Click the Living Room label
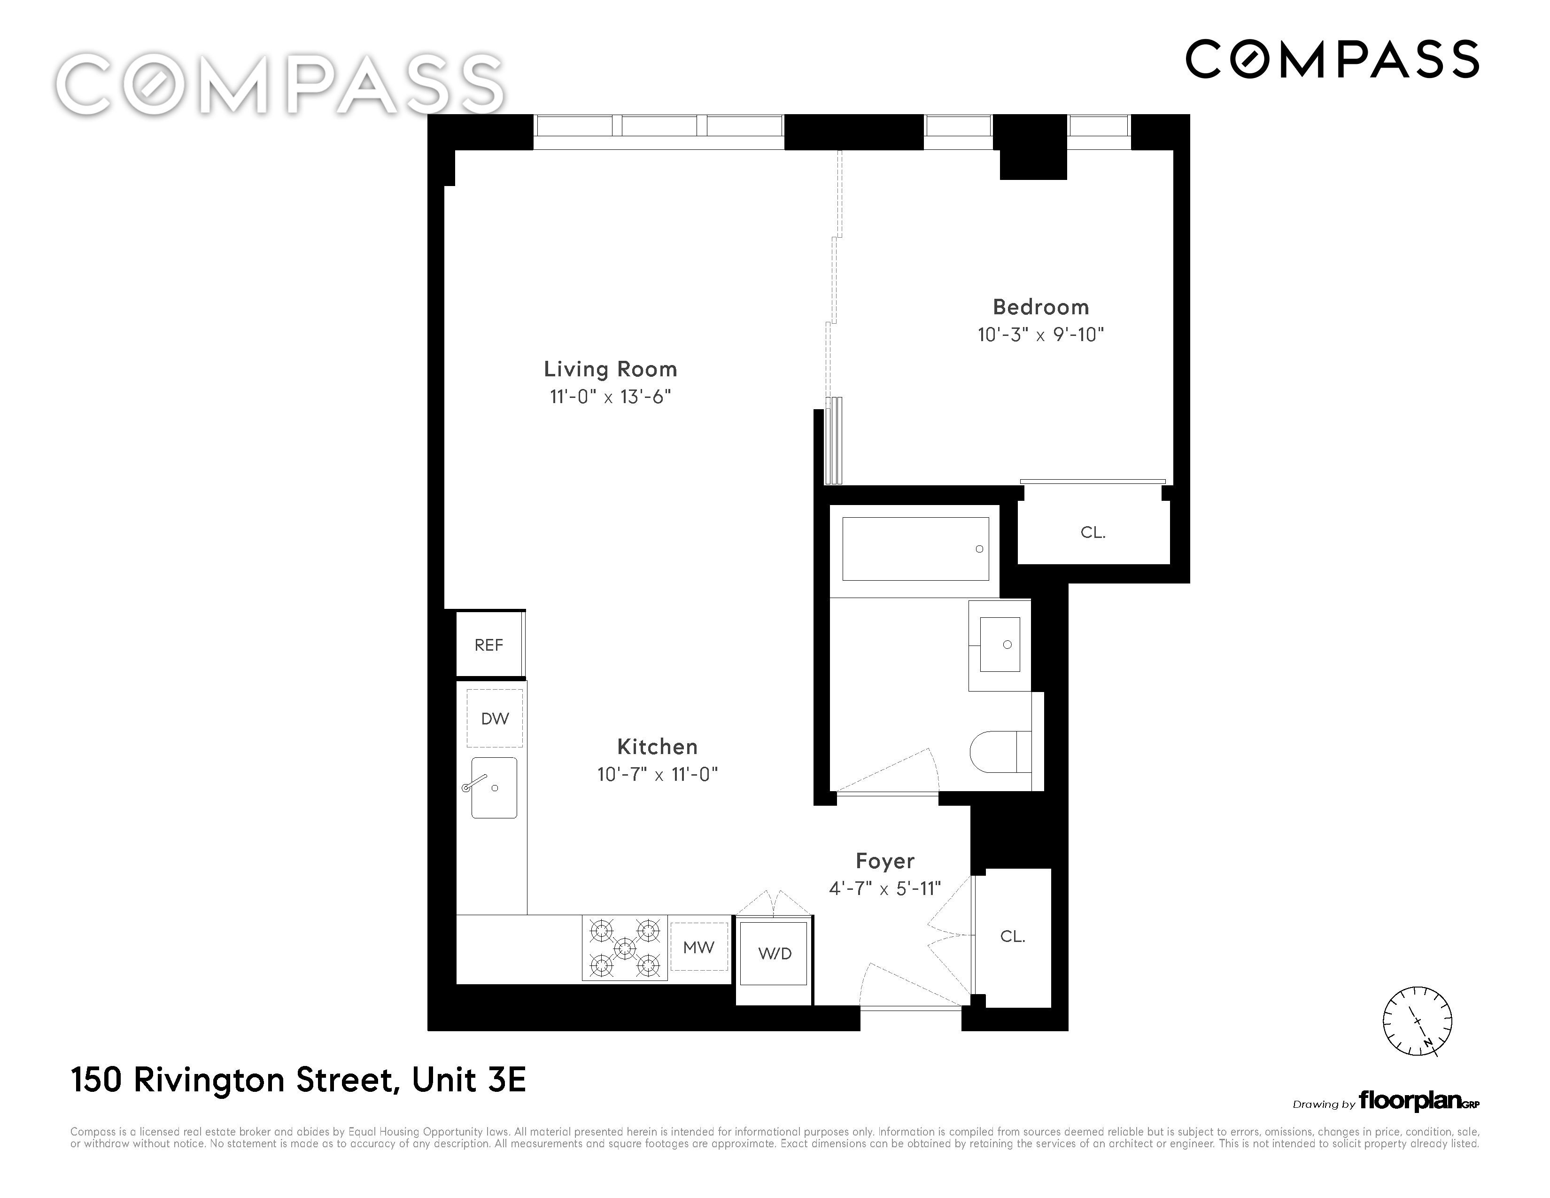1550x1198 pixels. pos(610,369)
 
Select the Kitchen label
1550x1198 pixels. pos(657,747)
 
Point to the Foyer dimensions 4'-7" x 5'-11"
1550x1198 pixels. pos(885,888)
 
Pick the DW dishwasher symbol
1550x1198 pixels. pos(495,718)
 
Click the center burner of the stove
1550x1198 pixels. pos(625,948)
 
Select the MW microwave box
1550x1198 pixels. pos(699,947)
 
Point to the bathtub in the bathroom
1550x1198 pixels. pos(915,549)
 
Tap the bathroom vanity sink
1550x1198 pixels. pos(1000,645)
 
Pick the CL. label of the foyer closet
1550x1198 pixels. pos(1013,937)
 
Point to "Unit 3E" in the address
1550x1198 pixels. pos(469,1080)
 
